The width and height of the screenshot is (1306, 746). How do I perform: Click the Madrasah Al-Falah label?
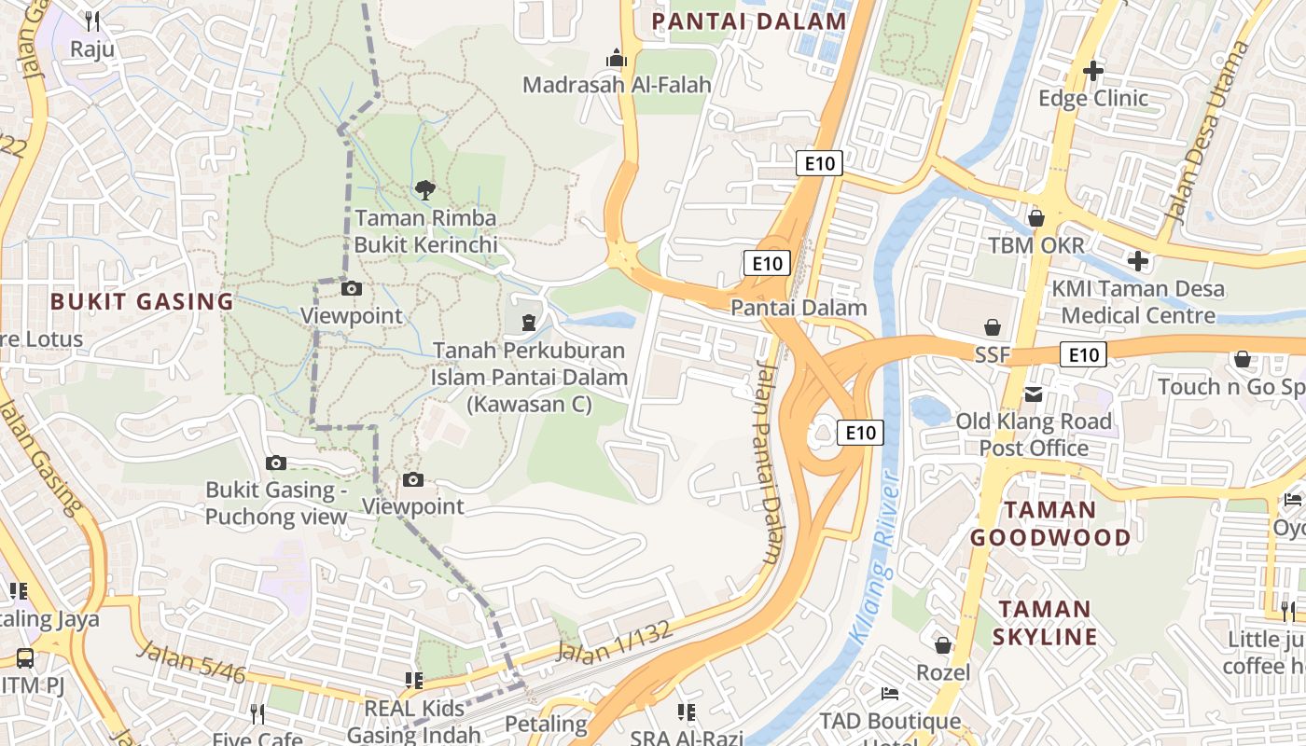[x=617, y=85]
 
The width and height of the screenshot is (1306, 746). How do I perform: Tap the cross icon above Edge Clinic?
[x=1093, y=70]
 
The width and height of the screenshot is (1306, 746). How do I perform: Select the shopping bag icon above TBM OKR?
[x=1035, y=218]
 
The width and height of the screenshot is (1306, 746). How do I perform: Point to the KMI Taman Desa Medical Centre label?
[x=1138, y=302]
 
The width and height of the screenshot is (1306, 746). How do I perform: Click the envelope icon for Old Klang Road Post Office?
[x=1034, y=394]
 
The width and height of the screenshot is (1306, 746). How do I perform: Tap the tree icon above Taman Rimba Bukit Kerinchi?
[x=424, y=190]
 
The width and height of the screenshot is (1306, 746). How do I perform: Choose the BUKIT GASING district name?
[x=142, y=301]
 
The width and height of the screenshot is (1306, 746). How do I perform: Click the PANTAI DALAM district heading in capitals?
[x=749, y=21]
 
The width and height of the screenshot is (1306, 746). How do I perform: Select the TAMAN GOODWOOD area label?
[x=1049, y=523]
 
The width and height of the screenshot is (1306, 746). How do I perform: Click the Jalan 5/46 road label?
[x=190, y=663]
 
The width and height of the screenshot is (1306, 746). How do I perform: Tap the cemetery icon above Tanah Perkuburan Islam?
[x=529, y=323]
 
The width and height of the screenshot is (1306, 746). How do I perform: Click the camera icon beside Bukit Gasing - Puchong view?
[x=275, y=463]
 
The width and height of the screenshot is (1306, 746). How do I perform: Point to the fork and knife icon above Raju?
[x=91, y=21]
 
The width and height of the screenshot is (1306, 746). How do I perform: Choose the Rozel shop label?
[x=943, y=672]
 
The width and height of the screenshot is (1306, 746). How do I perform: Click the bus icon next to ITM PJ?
[x=25, y=658]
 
